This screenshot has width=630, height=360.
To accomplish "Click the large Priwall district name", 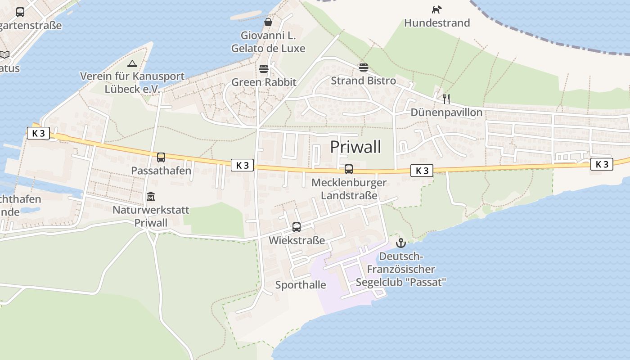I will pos(355,147).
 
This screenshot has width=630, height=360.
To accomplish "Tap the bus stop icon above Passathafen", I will pos(161,157).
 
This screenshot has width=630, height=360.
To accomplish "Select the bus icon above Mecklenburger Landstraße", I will pos(349,169).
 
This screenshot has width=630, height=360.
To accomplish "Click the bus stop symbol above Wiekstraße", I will pos(297,227).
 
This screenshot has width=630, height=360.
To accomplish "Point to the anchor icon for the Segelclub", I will pos(400,243).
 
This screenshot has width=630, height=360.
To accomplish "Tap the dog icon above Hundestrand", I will pos(436,9).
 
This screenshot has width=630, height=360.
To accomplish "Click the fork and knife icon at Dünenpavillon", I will pos(446,99).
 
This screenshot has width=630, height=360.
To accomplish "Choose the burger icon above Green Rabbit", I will pos(264,69).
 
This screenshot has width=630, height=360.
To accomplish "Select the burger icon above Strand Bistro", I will pos(364,67).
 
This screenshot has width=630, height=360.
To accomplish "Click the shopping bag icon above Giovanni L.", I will pos(268,22).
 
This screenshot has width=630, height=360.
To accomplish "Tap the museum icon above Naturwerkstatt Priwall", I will pos(151,197).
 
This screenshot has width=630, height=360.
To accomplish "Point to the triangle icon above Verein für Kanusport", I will pos(132,63).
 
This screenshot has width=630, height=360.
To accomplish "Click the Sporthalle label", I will pos(301,285).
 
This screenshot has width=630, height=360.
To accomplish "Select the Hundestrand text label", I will pos(436,23).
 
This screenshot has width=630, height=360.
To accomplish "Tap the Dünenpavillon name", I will pos(446,112).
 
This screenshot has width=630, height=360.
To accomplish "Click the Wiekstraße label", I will pos(297,240).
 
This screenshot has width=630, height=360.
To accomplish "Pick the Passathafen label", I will pos(161,171).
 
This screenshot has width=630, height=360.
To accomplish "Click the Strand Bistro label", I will pos(364,81).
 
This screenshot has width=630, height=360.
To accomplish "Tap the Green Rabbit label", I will pos(264,82).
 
